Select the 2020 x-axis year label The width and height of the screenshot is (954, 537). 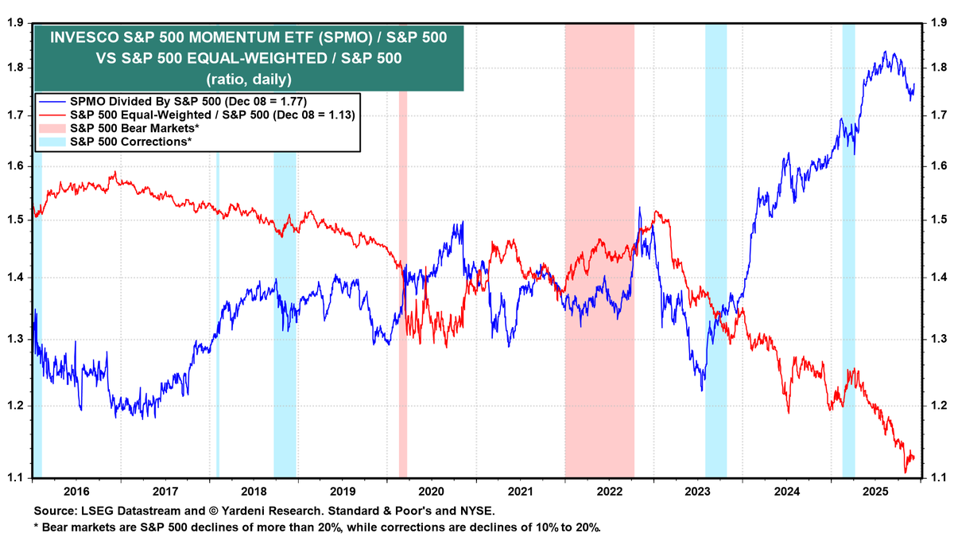click(431, 492)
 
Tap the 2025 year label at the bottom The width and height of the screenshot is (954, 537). click(874, 492)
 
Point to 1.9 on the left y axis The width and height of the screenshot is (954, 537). click(15, 22)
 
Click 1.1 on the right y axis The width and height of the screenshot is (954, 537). click(939, 478)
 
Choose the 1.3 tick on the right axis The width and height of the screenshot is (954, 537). click(939, 340)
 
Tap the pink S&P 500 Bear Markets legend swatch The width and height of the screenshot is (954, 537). click(52, 128)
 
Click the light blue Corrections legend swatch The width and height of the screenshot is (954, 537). click(52, 141)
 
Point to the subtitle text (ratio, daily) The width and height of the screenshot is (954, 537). click(248, 79)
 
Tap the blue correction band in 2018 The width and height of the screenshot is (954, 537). click(285, 318)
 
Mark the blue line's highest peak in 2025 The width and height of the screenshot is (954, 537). click(886, 53)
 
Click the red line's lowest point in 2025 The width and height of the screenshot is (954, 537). click(906, 473)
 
